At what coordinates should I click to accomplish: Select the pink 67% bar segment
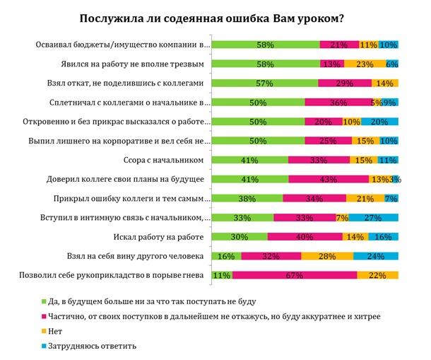(295, 274)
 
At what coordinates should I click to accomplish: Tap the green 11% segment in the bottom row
(223, 274)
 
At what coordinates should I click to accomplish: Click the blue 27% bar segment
(373, 217)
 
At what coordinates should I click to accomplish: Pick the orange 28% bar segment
(327, 255)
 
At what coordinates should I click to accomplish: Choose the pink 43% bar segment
(329, 179)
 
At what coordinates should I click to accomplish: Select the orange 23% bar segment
(365, 64)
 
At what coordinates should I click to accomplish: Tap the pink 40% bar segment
(305, 236)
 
